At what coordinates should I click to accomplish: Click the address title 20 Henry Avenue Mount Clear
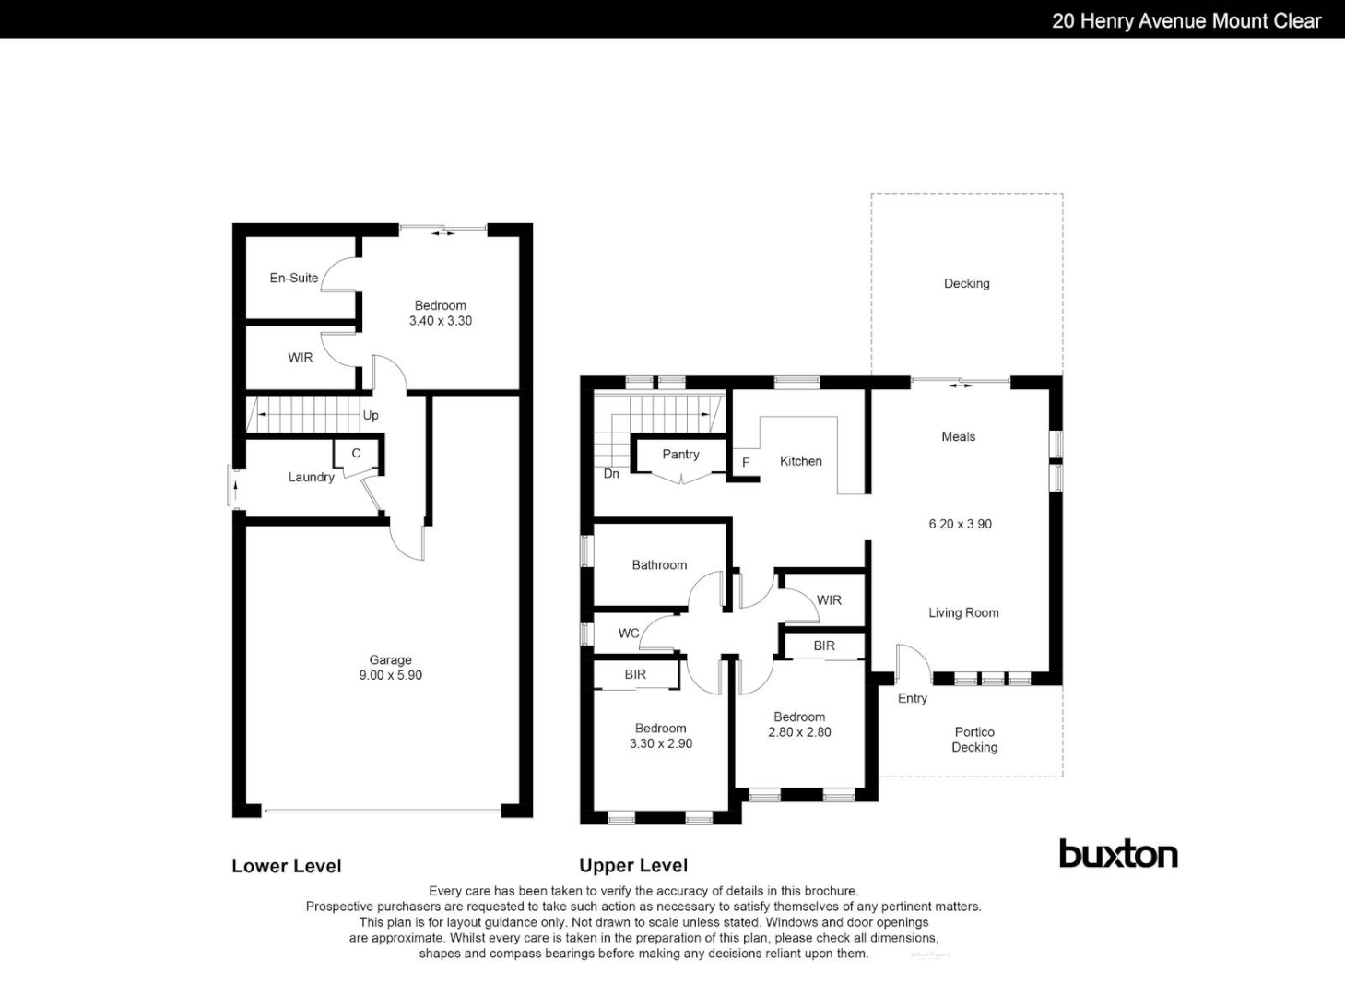[1186, 20]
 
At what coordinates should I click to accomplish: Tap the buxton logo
[1118, 854]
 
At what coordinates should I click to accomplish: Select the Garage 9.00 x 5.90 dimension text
[390, 675]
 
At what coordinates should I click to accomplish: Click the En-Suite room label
[293, 278]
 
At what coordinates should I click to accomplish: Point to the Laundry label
[311, 477]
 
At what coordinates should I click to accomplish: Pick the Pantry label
[680, 454]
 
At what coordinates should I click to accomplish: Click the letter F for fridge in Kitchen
[746, 462]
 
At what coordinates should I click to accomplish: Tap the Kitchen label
[800, 461]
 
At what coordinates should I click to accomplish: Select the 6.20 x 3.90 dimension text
[960, 524]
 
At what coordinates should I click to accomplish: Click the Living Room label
[963, 612]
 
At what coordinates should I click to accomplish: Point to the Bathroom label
[659, 564]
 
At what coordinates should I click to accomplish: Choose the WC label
[629, 633]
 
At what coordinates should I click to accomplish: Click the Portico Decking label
[974, 740]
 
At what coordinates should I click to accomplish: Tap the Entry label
[912, 698]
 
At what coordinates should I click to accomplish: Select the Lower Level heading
[286, 865]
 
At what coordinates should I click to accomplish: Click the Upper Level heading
[633, 865]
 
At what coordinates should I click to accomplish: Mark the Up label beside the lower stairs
[371, 415]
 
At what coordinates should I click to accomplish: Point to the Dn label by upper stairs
[611, 473]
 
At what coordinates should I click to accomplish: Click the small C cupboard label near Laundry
[356, 453]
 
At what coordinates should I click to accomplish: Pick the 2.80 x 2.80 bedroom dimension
[799, 732]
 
